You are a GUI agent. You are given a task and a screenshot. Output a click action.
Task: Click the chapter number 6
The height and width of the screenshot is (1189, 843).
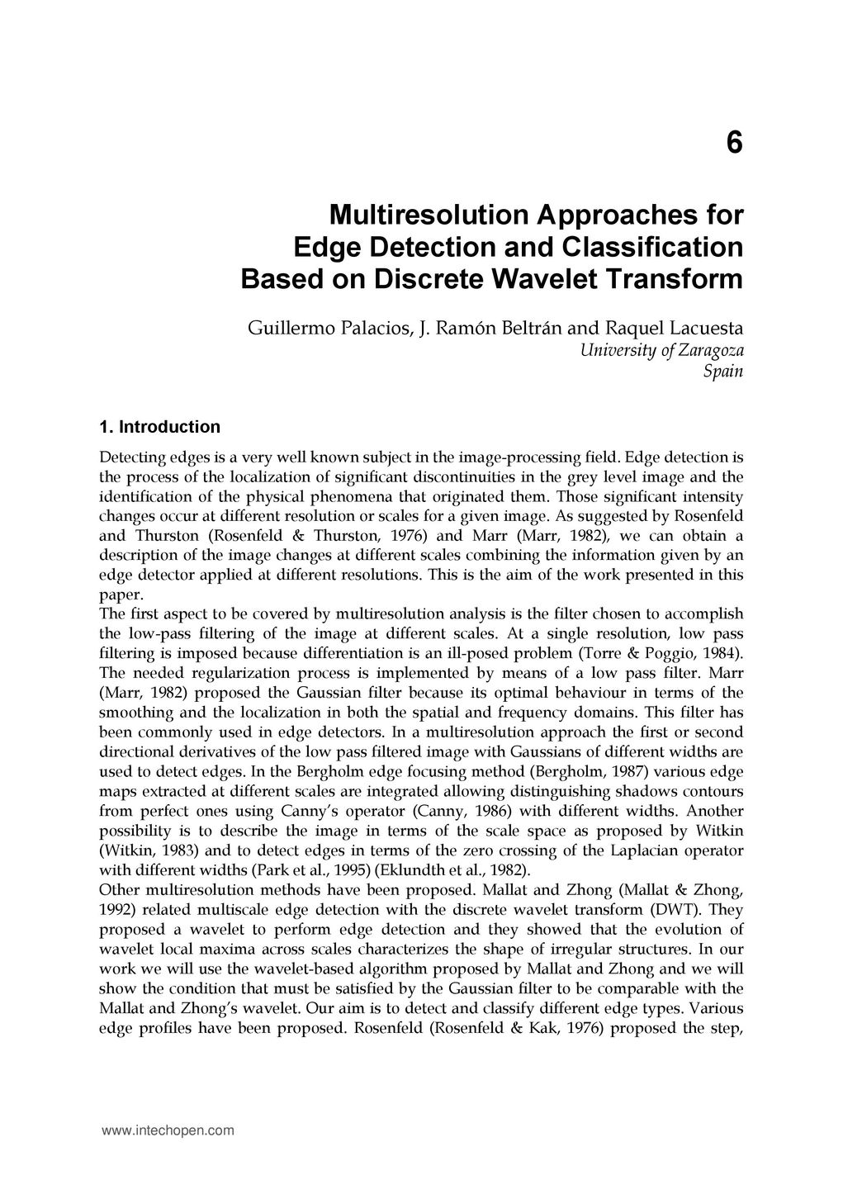[734, 143]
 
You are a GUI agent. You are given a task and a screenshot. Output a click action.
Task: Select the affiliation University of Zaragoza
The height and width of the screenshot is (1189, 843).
[661, 350]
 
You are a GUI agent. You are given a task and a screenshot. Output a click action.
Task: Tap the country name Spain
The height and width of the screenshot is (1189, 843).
[723, 372]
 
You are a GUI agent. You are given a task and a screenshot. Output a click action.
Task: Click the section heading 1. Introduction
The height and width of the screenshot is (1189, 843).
[159, 427]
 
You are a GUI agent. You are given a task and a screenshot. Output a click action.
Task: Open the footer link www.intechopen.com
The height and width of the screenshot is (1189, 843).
[168, 1130]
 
